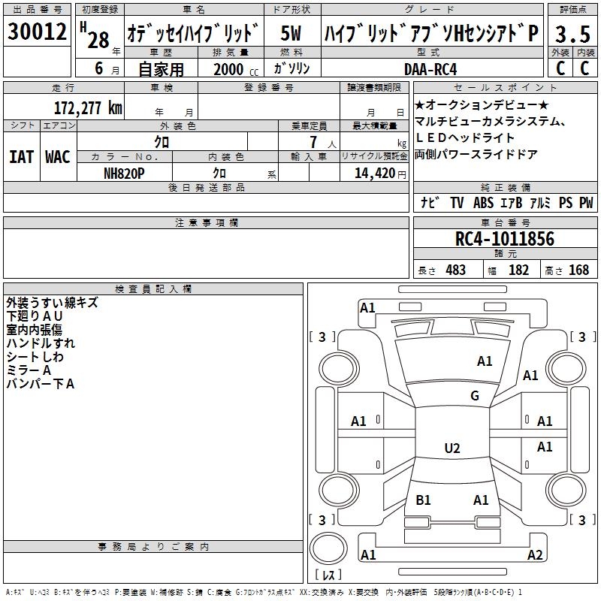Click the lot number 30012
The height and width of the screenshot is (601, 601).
pos(37,31)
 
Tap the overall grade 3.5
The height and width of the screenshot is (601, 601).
pos(572,34)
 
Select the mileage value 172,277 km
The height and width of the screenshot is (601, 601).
pos(88,108)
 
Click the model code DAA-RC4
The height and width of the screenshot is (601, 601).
pos(430,69)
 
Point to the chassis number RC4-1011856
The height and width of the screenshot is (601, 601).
pos(504,239)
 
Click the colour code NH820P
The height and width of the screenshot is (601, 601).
pos(124,174)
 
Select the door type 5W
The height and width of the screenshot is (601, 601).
pos(291,33)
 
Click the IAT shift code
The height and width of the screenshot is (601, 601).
pos(21,157)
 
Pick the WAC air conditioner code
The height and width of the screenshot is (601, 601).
pos(58,157)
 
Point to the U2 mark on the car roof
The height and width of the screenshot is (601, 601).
pos(452,448)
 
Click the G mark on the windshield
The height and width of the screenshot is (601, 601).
pos(475,395)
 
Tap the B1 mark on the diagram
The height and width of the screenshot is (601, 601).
pos(423,500)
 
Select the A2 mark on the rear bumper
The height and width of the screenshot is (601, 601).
pos(535,554)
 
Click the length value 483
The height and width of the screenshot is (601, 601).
pos(456,270)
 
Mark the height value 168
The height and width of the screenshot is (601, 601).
pos(578,270)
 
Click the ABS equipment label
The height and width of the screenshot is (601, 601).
pos(483,203)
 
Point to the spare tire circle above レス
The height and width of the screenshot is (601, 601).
pos(328,548)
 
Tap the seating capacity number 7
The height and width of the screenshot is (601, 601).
pos(313,142)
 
